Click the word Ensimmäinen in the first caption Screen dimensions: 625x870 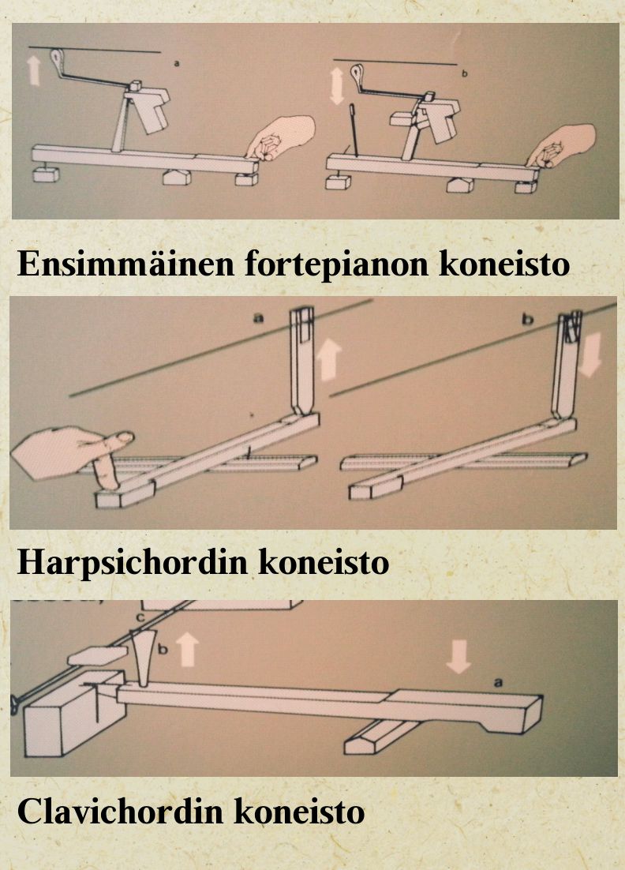pos(126,264)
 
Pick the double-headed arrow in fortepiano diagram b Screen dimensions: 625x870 pos(337,86)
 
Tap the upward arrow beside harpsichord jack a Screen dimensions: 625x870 pos(329,359)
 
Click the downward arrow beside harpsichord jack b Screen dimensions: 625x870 pos(589,356)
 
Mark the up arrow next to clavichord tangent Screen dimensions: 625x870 pos(188,651)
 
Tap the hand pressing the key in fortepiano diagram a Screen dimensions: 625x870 pos(281,138)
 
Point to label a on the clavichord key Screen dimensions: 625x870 pos(497,682)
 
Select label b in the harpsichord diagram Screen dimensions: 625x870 pos(527,319)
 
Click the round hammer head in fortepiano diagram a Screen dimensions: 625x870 pos(58,57)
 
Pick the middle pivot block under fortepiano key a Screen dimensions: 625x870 pos(177,177)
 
